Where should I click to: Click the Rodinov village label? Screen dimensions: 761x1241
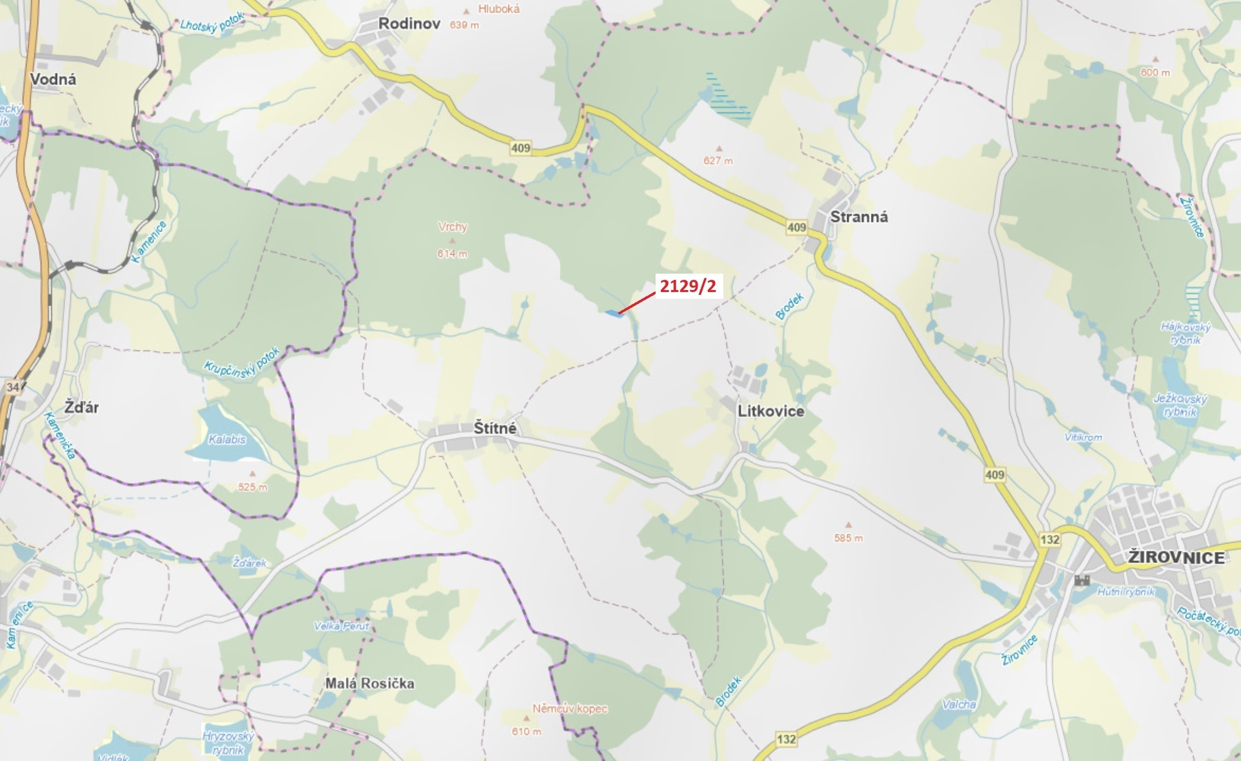tap(409, 24)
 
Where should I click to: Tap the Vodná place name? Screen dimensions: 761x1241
tap(53, 79)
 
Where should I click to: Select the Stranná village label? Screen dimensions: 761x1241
tap(859, 217)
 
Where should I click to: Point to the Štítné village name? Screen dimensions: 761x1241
tap(494, 428)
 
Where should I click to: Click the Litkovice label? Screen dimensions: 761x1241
tap(771, 411)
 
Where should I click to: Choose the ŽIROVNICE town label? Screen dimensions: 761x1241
tap(1176, 557)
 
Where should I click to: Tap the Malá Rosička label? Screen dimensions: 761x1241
tap(370, 683)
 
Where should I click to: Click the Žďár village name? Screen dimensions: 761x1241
tap(82, 407)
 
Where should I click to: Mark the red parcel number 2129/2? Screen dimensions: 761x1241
tap(688, 286)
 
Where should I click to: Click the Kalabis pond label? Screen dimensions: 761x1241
tap(227, 439)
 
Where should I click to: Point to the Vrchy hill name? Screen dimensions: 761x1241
tap(452, 227)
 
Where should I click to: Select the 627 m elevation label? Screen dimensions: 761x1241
tap(718, 161)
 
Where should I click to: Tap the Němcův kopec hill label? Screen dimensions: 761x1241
tap(569, 709)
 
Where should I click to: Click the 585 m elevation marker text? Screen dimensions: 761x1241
tap(848, 538)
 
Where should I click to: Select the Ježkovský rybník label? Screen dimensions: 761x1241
tap(1180, 405)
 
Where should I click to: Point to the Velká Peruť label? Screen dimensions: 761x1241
tap(342, 626)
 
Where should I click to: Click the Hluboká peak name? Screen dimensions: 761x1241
tap(499, 9)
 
